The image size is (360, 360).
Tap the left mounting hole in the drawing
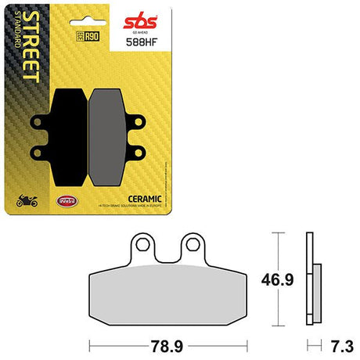tap(143, 244)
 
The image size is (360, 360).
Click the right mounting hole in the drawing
tap(192, 244)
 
